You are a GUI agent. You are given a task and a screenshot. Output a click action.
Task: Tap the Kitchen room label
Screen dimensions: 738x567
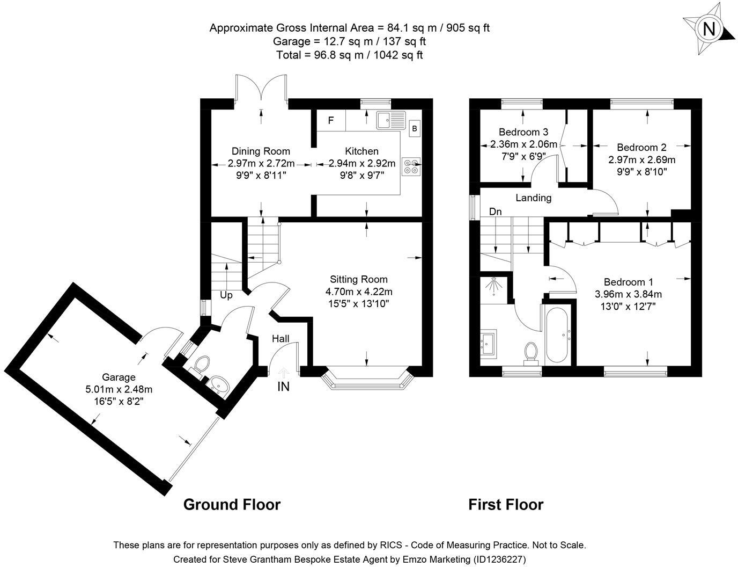coord(361,151)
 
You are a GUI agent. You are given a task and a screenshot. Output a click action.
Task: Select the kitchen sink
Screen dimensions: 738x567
coord(390,120)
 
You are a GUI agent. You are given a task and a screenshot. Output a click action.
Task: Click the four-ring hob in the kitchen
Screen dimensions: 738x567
coord(411,166)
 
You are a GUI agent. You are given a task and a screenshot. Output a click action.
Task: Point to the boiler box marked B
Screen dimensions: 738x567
coord(415,128)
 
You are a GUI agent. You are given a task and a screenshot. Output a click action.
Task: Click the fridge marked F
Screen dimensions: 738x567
coord(331,120)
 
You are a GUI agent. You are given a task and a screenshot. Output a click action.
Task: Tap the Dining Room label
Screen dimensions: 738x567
coord(261,151)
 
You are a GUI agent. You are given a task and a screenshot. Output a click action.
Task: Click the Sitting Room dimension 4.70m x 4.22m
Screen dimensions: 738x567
coord(359,292)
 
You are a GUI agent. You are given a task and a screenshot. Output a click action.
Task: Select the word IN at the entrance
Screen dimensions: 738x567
coord(284,387)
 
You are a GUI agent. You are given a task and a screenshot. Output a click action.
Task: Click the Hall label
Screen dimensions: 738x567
coord(281,339)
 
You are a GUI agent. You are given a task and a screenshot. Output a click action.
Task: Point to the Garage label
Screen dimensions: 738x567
coord(119,377)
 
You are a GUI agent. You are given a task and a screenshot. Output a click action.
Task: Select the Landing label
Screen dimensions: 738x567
coord(533,198)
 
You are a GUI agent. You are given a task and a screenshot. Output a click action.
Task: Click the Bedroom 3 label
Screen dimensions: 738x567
coord(523,132)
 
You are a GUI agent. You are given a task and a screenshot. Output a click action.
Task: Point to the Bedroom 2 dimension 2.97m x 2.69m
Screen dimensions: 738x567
coord(641,160)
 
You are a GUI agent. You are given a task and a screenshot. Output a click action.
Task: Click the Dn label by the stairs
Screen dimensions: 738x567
coord(495,212)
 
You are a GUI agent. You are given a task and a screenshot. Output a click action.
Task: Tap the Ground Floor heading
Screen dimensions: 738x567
coord(232,505)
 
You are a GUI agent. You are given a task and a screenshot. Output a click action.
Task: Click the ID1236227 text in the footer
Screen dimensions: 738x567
coord(499,559)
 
